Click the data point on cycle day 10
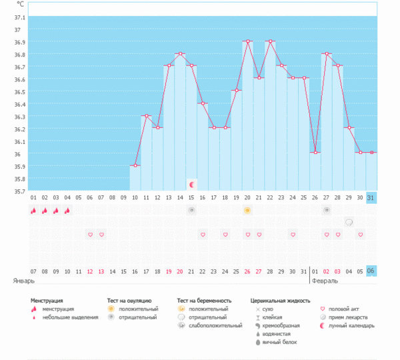click(135, 165)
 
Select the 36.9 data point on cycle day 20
click(247, 41)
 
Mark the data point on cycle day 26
click(315, 153)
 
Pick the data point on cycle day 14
click(180, 53)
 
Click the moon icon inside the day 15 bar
click(191, 184)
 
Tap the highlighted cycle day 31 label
click(371, 197)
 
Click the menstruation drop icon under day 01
click(33, 211)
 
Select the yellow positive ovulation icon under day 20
click(247, 211)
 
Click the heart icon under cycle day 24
click(225, 235)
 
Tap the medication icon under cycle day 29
click(349, 222)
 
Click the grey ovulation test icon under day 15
click(191, 211)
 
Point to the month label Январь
click(23, 281)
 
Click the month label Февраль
click(326, 281)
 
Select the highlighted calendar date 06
click(371, 271)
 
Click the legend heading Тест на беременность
click(209, 301)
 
